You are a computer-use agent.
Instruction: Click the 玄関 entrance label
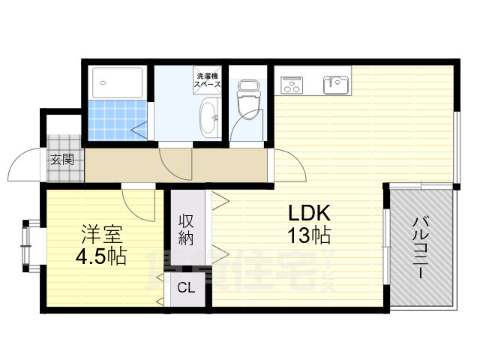62,159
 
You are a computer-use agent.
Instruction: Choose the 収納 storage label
187,229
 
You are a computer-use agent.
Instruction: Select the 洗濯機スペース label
208,80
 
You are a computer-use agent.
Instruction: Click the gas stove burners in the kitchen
290,85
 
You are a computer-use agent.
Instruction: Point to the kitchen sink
337,84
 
